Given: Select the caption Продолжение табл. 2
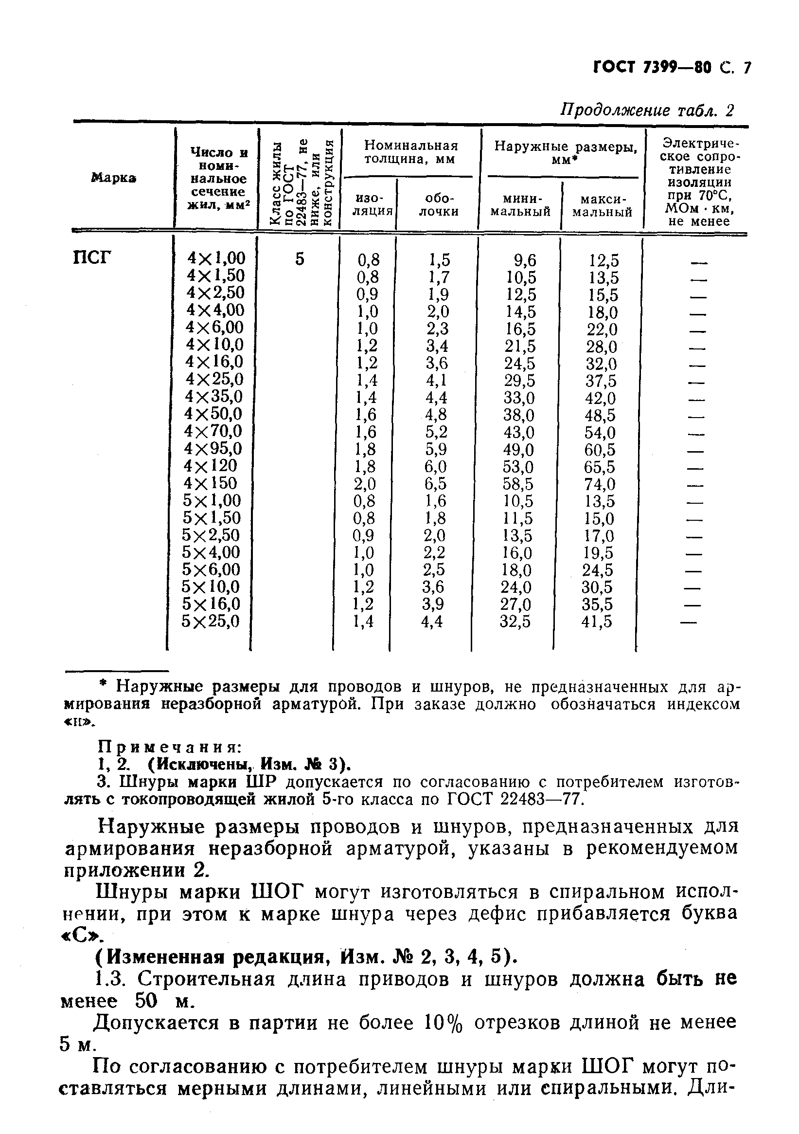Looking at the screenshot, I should coord(647,110).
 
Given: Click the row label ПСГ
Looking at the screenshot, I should coord(92,258).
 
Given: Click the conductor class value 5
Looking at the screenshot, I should coord(300,258).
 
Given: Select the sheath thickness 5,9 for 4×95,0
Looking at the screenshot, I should coord(436,449).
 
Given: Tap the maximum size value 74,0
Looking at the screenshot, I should coord(600,483).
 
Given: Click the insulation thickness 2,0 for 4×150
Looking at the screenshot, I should coord(365,483).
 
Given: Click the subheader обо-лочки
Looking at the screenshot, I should coord(438,205).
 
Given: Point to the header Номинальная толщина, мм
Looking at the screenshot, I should coord(410,152).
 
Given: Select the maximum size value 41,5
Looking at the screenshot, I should coord(597,622).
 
